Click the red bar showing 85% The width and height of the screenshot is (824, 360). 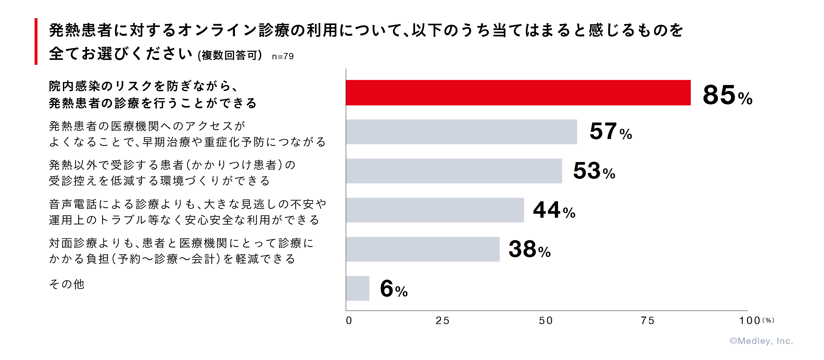(x=518, y=93)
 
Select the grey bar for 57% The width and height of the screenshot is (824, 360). (x=461, y=132)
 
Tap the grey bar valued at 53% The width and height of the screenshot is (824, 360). (x=454, y=171)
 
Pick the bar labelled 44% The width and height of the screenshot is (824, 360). (x=435, y=210)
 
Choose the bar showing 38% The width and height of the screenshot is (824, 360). (x=423, y=249)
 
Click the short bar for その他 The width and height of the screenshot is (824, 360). (x=357, y=289)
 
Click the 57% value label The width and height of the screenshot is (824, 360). (x=611, y=131)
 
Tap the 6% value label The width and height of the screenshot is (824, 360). (x=394, y=289)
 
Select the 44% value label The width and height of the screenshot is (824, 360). (x=554, y=210)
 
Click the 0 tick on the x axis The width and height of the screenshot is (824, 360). (x=349, y=321)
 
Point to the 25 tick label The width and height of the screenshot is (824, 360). (x=442, y=321)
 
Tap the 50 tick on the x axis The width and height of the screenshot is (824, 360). (x=546, y=321)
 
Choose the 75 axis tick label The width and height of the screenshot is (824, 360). (x=648, y=321)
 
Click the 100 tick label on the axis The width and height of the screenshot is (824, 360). (x=750, y=321)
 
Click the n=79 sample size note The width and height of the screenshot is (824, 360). (x=283, y=56)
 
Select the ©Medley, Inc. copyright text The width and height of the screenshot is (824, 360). (x=761, y=341)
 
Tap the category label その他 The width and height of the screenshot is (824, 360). (x=67, y=284)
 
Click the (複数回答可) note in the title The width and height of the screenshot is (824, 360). (x=230, y=55)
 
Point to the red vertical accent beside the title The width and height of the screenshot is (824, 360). (x=36, y=42)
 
